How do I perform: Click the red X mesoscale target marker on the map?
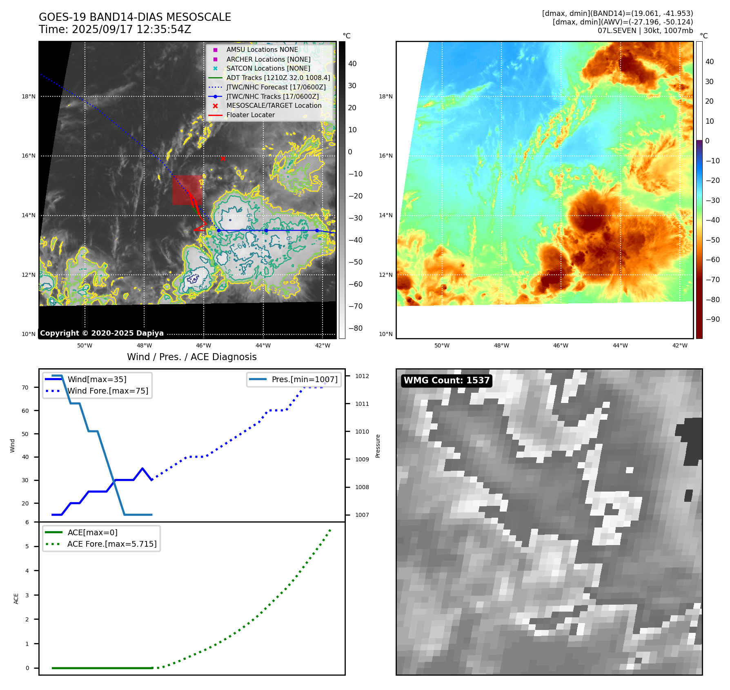coord(223,158)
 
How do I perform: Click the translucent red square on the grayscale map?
coord(187,190)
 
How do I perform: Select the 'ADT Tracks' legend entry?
coord(278,78)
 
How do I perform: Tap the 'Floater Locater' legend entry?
coord(250,115)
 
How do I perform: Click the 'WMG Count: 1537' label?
coord(446,381)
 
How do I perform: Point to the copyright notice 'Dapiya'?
coord(102,333)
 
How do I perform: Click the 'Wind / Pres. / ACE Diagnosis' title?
coord(192,357)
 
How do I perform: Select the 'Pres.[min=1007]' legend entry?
coord(305,379)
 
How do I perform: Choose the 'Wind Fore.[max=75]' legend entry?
coord(108,391)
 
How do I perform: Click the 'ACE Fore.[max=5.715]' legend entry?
coord(112,544)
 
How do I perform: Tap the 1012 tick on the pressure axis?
coord(362,376)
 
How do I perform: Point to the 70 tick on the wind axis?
coord(25,387)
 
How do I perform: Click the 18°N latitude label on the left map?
coord(29,96)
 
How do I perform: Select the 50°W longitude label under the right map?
coord(442,345)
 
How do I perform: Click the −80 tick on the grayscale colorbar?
coord(353,328)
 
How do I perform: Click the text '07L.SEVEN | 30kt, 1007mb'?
coord(645,31)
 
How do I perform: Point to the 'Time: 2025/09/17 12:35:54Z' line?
coord(115,29)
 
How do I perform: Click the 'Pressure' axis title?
coord(378,446)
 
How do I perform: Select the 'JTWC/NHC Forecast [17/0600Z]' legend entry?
coord(276,87)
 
